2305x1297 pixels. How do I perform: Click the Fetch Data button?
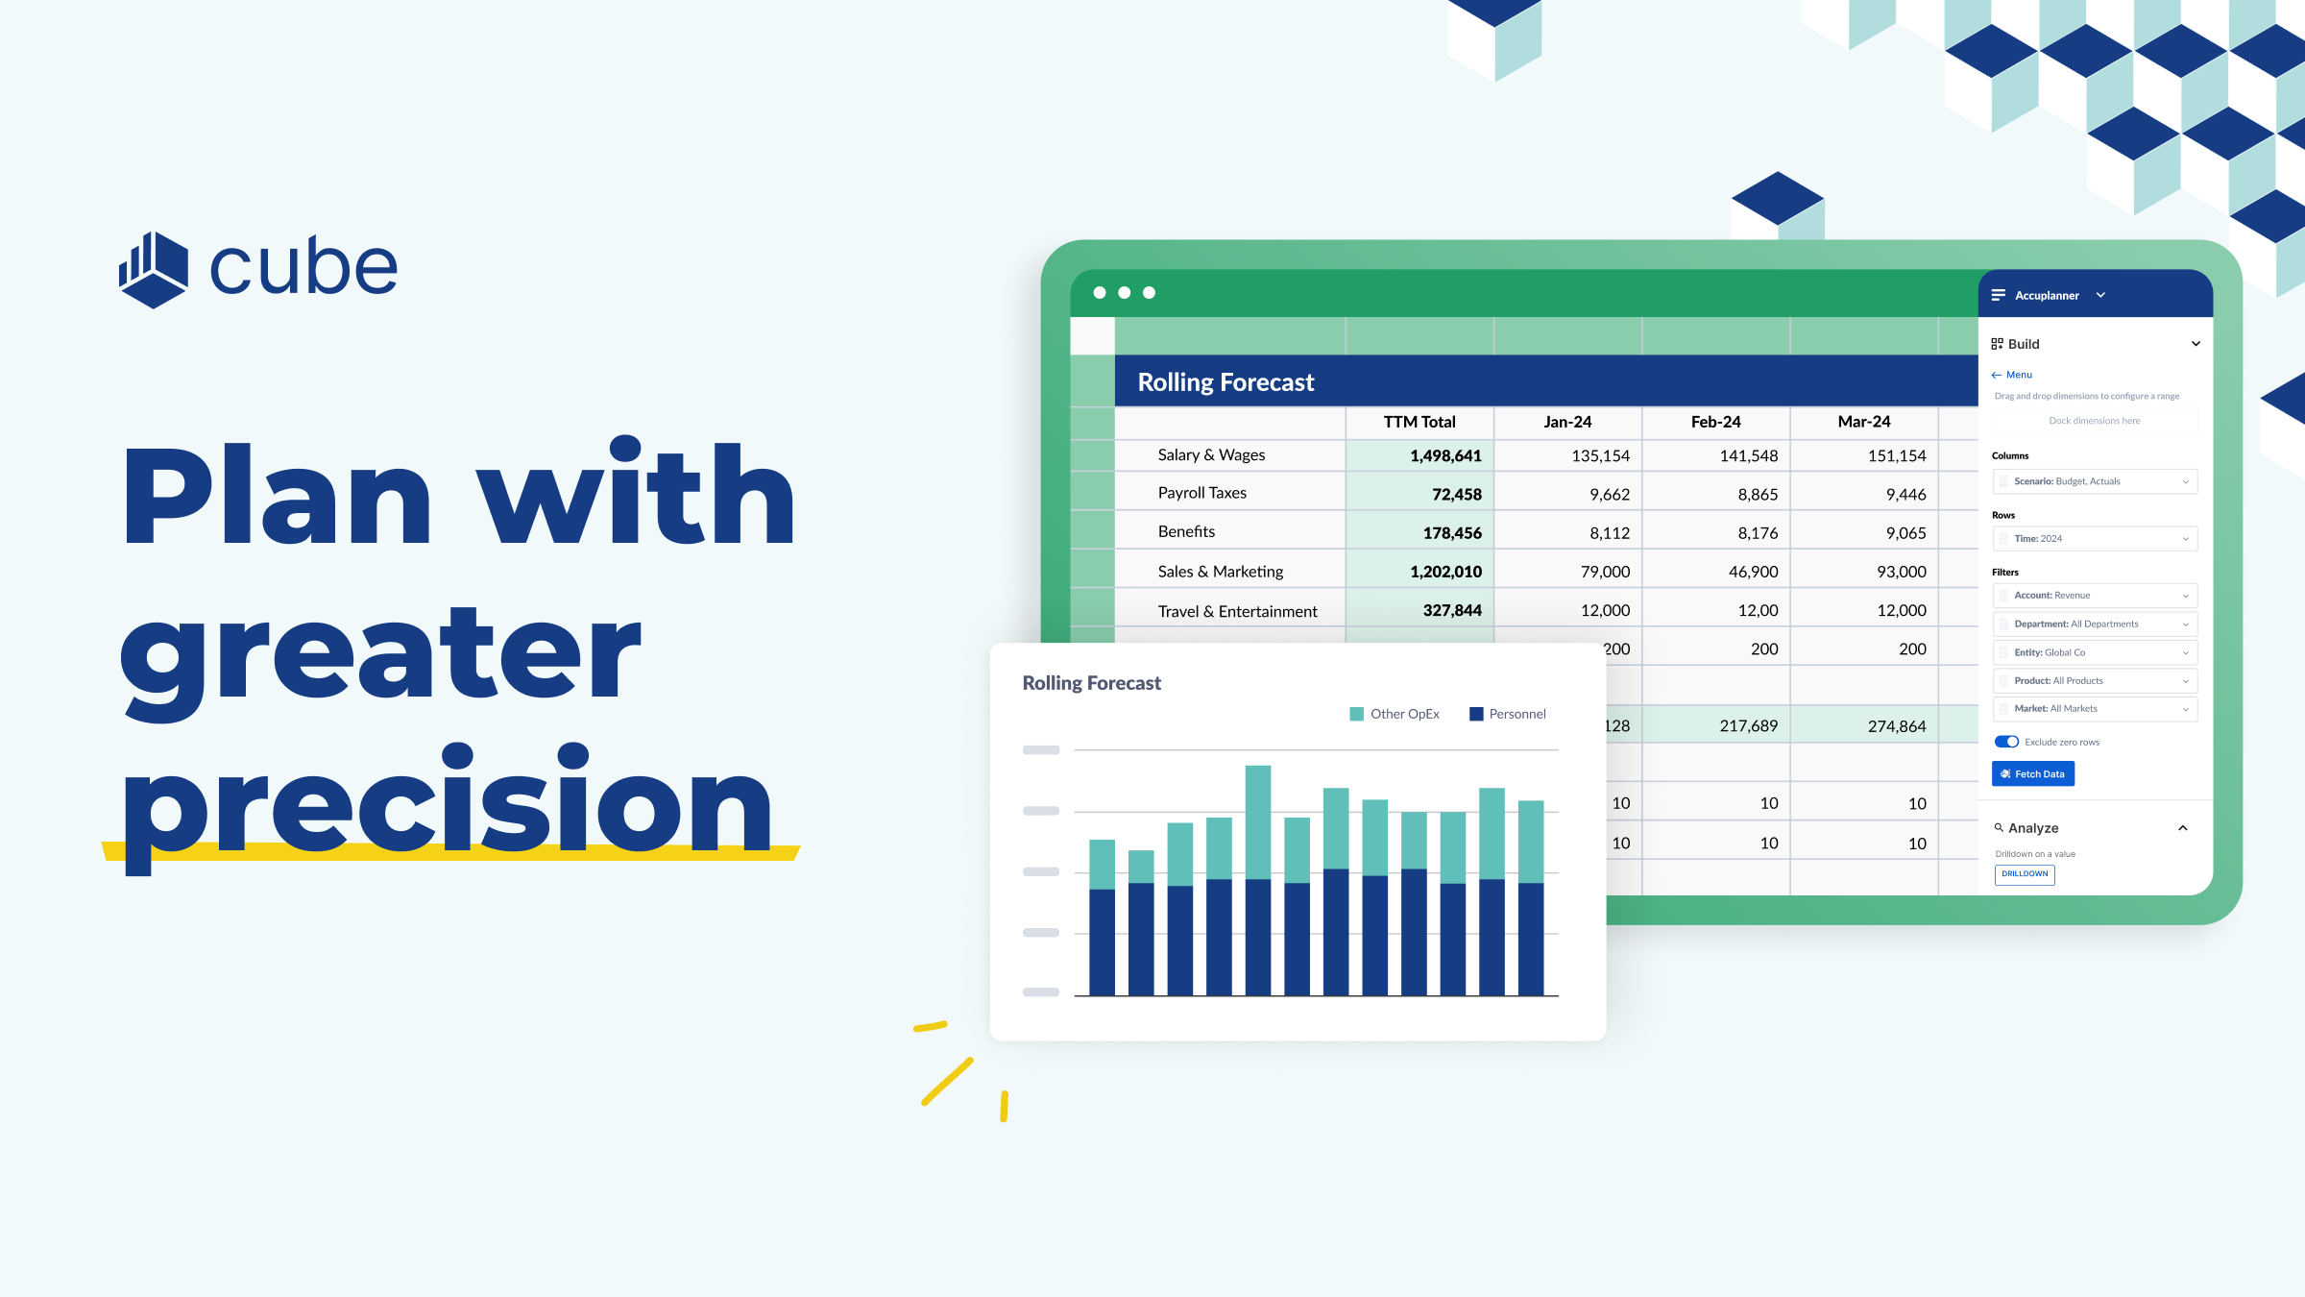2032,773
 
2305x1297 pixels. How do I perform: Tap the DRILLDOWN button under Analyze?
2024,874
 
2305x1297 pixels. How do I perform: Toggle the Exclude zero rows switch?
2006,742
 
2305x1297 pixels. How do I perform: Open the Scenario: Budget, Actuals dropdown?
2094,481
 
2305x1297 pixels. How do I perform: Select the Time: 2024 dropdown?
2094,539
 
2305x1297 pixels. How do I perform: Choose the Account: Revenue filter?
2094,596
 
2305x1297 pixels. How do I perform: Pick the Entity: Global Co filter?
2094,652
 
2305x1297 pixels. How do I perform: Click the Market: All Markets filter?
2094,709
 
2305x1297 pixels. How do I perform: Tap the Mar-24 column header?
1863,422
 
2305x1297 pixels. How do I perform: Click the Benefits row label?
1186,531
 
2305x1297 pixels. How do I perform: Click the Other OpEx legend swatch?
1356,714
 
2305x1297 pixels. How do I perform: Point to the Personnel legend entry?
1507,714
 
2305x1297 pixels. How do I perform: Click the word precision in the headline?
447,802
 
